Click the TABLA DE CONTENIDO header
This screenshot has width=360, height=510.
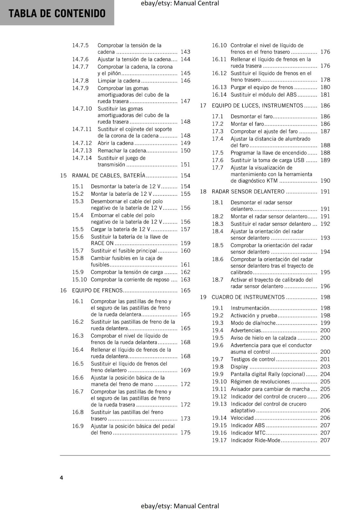(57, 13)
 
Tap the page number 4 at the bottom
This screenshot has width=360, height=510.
(61, 477)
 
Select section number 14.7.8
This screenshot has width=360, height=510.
(80, 81)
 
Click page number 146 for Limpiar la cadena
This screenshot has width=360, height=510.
(185, 81)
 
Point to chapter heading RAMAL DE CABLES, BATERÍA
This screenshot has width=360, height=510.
(109, 175)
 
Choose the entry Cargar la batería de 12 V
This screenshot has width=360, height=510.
(120, 229)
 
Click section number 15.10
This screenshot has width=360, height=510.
(79, 280)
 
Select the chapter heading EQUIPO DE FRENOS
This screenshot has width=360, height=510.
(97, 290)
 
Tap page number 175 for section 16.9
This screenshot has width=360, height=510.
(185, 433)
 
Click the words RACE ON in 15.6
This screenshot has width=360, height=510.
(102, 243)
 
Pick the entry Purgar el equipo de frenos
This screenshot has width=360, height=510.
(262, 87)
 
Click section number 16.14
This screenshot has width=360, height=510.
(219, 95)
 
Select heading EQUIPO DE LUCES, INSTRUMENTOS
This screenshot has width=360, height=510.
(257, 106)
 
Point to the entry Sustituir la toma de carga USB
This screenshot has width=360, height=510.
(267, 160)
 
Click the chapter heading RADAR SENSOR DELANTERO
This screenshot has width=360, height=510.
(248, 192)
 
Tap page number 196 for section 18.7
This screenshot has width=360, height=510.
(325, 286)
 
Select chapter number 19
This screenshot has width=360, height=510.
(203, 297)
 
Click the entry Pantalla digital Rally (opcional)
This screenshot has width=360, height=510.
(268, 374)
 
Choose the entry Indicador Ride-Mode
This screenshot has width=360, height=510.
(256, 440)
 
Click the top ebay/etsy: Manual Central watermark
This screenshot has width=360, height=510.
(180, 4)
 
